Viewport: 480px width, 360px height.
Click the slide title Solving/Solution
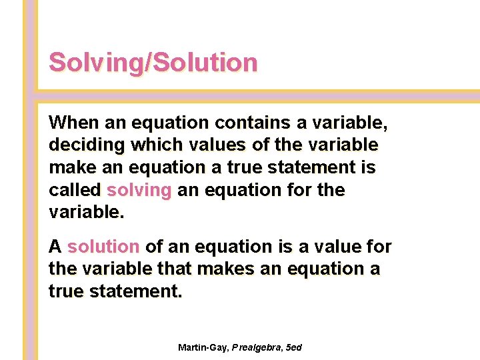(x=153, y=63)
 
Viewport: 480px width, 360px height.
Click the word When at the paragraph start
(x=73, y=123)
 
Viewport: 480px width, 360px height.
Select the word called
(x=75, y=190)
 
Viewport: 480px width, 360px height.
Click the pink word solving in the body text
(x=139, y=191)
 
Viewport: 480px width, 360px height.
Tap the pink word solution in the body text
(x=103, y=247)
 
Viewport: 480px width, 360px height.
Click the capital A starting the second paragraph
(x=55, y=247)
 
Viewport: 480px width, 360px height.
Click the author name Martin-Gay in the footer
(x=203, y=348)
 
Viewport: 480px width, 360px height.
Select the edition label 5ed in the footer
(x=293, y=348)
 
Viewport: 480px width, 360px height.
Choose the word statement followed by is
(x=309, y=167)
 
